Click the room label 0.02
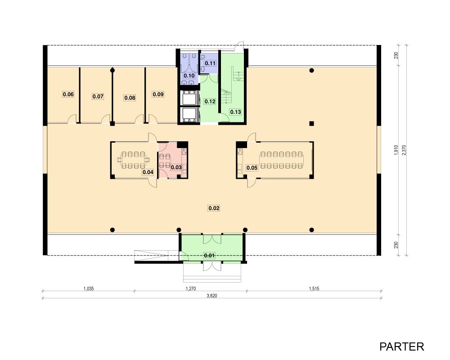(x=214, y=208)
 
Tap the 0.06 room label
(x=68, y=94)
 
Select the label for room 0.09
(x=158, y=94)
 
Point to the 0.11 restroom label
(x=210, y=63)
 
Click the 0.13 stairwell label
(x=235, y=112)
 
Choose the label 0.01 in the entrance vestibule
(x=209, y=256)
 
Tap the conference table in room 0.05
(x=282, y=160)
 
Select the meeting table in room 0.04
(x=133, y=160)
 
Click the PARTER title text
(x=401, y=347)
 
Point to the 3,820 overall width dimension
(x=212, y=296)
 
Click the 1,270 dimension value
(x=190, y=288)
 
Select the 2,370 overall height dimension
(x=404, y=150)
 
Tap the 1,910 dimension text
(x=396, y=150)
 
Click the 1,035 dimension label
(x=89, y=288)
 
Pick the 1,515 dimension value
(x=314, y=288)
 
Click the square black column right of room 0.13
(x=311, y=124)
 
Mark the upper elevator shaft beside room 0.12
(x=189, y=98)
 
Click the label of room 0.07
(x=98, y=96)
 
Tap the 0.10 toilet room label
(x=189, y=76)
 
